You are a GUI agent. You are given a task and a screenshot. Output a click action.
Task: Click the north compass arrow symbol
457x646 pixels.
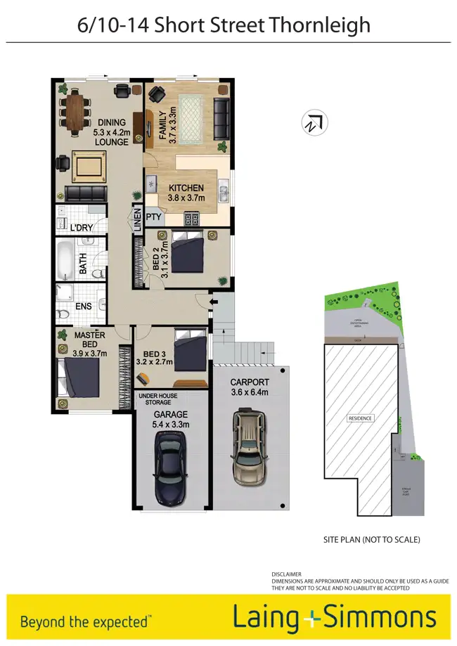(x=314, y=123)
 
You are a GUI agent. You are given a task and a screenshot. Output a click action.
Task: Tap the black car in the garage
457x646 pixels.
(x=170, y=467)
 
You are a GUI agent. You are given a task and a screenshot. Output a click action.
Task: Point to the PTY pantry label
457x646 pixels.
(x=154, y=218)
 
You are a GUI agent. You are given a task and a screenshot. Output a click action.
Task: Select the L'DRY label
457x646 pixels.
(x=82, y=227)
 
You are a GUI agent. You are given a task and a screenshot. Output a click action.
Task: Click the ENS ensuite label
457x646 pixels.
(x=84, y=306)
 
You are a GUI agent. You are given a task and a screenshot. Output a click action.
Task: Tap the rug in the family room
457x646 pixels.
(x=190, y=117)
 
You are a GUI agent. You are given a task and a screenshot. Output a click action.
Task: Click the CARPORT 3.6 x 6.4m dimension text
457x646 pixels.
(x=250, y=388)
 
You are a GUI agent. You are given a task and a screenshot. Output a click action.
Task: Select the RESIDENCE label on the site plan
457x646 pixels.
(x=360, y=418)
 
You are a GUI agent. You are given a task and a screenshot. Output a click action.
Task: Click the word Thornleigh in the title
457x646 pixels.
(x=319, y=25)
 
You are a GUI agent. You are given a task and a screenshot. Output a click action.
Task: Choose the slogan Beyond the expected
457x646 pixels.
(x=84, y=621)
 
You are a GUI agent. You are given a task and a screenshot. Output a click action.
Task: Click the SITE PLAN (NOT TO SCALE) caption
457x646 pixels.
(x=371, y=540)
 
